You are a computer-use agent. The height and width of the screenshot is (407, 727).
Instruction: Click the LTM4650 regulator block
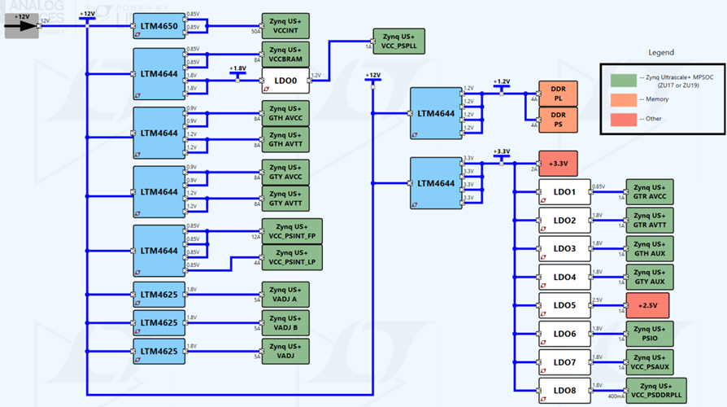point(159,27)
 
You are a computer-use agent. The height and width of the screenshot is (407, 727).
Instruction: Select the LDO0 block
point(285,81)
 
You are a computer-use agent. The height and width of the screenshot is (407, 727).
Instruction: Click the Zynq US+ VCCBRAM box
point(285,55)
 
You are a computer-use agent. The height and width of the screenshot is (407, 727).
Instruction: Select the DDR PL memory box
point(558,94)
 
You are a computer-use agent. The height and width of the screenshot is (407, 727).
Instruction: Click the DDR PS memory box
point(558,120)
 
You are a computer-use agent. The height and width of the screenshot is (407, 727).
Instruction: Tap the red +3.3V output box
point(558,164)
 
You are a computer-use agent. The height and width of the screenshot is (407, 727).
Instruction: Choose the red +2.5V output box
point(647,305)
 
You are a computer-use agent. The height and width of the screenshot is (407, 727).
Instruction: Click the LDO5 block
point(564,305)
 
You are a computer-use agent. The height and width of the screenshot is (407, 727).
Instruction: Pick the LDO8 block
point(564,391)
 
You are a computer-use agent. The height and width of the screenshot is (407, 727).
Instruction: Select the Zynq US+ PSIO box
point(650,334)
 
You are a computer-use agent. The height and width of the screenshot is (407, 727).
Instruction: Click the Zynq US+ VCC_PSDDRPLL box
point(655,391)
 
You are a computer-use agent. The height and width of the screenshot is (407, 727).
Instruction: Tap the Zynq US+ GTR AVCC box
point(650,192)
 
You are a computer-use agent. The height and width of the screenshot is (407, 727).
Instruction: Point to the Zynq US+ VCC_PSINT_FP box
point(291,231)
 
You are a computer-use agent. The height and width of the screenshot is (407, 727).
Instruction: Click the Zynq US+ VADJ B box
point(285,322)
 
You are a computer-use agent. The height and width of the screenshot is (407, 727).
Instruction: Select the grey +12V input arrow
point(22,25)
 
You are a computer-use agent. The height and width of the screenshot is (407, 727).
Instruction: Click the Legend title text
point(660,53)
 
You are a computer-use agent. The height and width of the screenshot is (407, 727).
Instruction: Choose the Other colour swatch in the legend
point(625,120)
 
